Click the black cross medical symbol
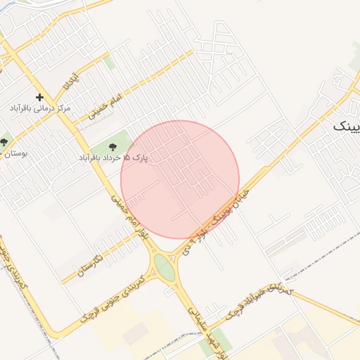[x=39, y=97]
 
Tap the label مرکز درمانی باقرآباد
[x=41, y=109]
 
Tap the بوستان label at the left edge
[x=14, y=153]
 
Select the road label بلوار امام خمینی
[x=130, y=219]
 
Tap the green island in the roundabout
[x=164, y=267]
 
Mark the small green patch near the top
[x=110, y=62]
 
